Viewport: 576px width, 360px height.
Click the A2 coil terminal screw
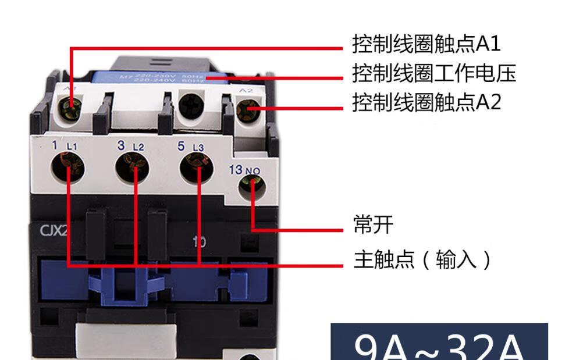click(249, 109)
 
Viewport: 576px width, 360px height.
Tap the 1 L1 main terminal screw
click(69, 169)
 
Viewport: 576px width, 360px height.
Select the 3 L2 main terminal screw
click(133, 169)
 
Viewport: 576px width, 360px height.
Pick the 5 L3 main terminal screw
click(197, 169)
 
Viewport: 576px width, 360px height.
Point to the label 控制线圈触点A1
click(426, 44)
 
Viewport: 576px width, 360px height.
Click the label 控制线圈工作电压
click(434, 73)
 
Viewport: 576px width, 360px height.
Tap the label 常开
click(374, 224)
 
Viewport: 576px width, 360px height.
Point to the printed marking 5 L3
click(190, 146)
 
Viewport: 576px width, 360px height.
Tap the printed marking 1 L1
click(63, 145)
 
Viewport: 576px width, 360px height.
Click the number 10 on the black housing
click(199, 241)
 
